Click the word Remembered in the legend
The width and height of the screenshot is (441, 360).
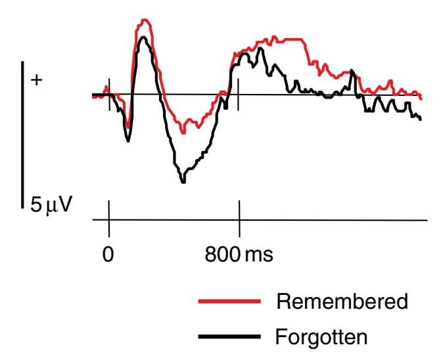342,302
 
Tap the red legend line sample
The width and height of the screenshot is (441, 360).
227,302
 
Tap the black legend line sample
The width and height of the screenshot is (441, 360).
227,338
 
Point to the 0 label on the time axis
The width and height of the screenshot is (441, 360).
108,254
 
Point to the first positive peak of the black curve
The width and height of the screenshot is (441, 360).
143,37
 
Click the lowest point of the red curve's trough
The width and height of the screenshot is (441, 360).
184,132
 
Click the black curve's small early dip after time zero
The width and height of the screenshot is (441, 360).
128,140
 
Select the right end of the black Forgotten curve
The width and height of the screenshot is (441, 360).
420,119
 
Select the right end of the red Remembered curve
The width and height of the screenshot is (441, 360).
421,97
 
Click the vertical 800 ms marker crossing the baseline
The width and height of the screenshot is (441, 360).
239,95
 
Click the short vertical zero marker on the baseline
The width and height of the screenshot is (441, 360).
108,95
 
